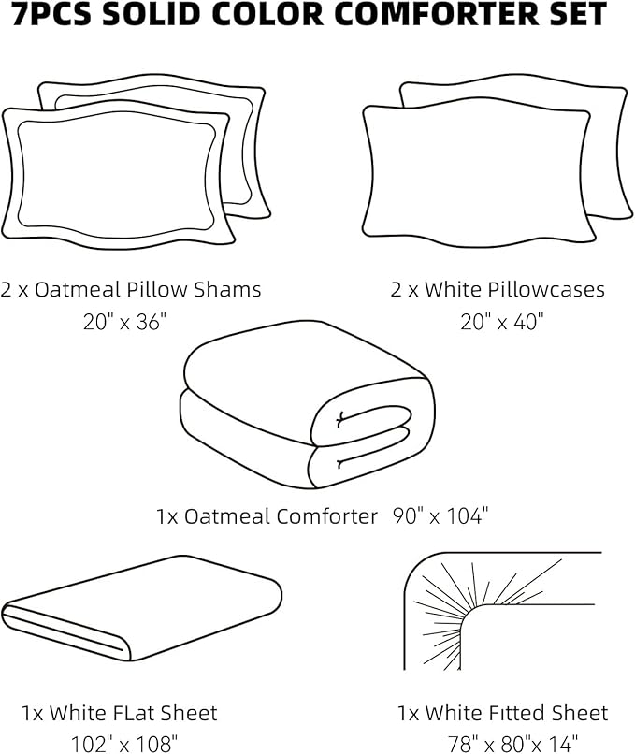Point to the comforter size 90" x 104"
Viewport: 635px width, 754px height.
(441, 515)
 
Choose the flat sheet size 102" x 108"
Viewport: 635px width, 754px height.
(124, 745)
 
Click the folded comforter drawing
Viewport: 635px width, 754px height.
(307, 408)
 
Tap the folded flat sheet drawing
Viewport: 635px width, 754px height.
(140, 612)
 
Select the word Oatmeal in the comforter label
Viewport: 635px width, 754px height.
(225, 516)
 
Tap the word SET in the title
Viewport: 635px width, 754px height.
(574, 14)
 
